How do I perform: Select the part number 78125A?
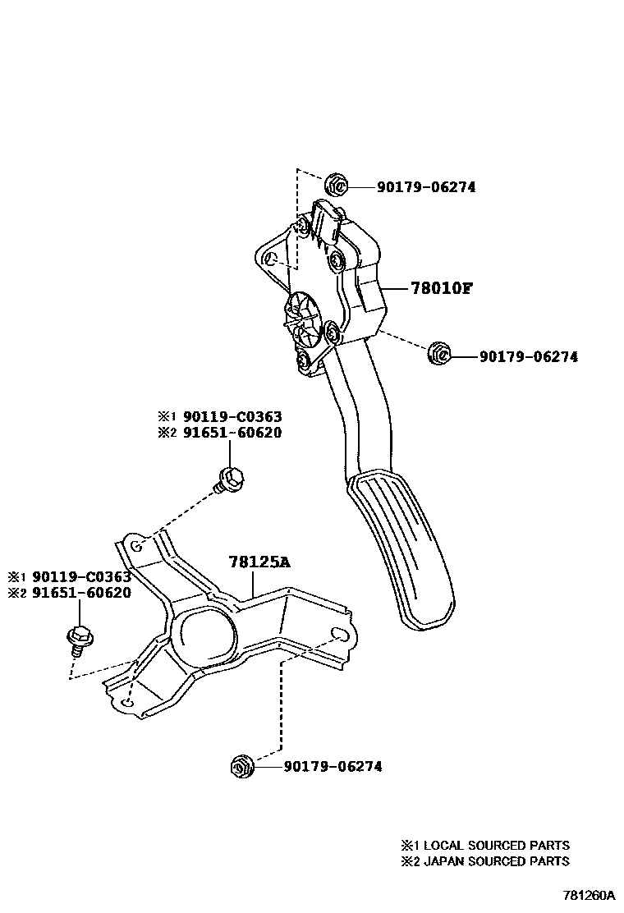pyautogui.click(x=260, y=562)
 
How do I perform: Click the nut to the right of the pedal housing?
pyautogui.click(x=438, y=354)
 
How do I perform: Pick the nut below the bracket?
pyautogui.click(x=241, y=766)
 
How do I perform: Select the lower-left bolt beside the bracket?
pyautogui.click(x=79, y=636)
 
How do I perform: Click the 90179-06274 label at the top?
pyautogui.click(x=426, y=187)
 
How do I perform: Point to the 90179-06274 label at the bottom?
pyautogui.click(x=333, y=767)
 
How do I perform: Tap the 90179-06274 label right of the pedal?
pyautogui.click(x=528, y=357)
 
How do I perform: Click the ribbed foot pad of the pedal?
pyautogui.click(x=406, y=546)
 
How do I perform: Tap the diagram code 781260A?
pyautogui.click(x=589, y=895)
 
